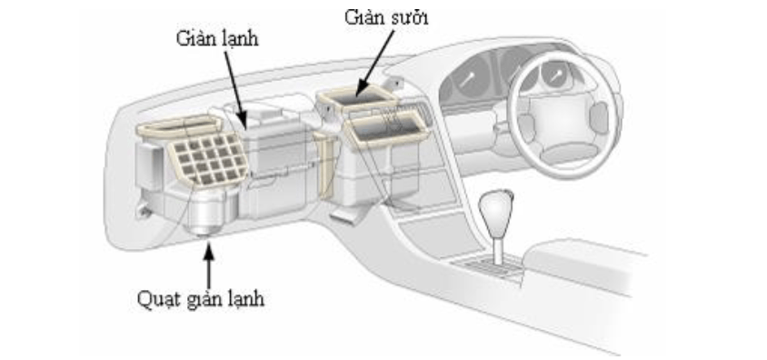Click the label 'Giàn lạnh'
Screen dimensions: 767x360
coord(217,39)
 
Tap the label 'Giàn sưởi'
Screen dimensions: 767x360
coord(386,17)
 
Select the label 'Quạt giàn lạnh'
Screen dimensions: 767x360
coord(201,298)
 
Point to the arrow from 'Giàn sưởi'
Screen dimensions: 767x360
coord(376,62)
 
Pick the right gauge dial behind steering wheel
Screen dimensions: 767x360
coord(555,74)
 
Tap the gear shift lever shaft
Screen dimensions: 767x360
coord(497,249)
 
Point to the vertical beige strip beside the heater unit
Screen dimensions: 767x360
coord(325,165)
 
